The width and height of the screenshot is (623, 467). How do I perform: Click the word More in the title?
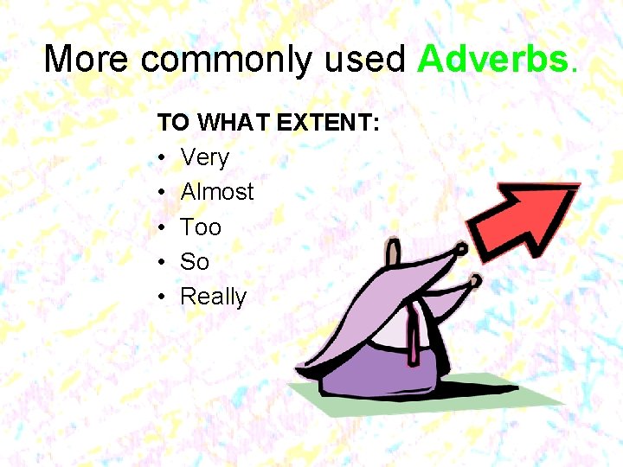pos(87,59)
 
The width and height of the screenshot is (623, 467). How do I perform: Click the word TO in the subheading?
pos(173,123)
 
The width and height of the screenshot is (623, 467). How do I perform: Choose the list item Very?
pos(205,157)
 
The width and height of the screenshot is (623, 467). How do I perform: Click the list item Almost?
pos(217,192)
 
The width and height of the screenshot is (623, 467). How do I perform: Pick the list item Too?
pos(201,227)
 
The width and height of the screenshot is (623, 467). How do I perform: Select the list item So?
pos(195,262)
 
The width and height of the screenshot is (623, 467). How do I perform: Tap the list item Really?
pos(214,297)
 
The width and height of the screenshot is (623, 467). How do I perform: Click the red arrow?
pos(528,218)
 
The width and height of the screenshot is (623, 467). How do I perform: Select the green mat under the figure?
pos(519,400)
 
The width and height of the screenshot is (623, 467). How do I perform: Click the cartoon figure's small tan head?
pos(395,253)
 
